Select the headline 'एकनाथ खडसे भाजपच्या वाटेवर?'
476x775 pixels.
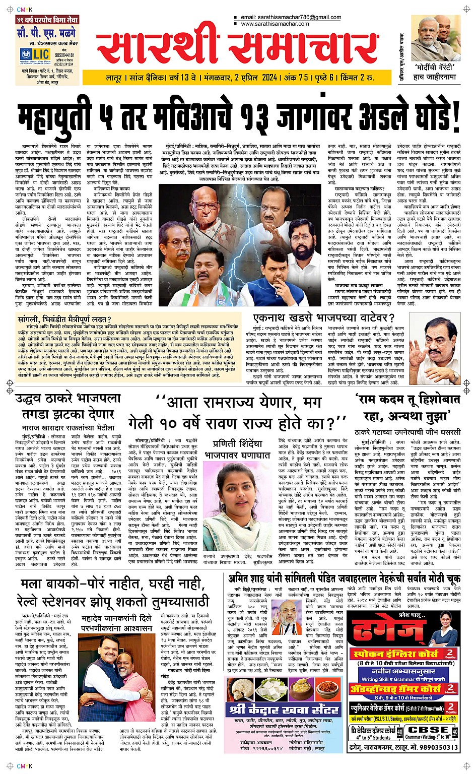(x=323, y=317)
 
